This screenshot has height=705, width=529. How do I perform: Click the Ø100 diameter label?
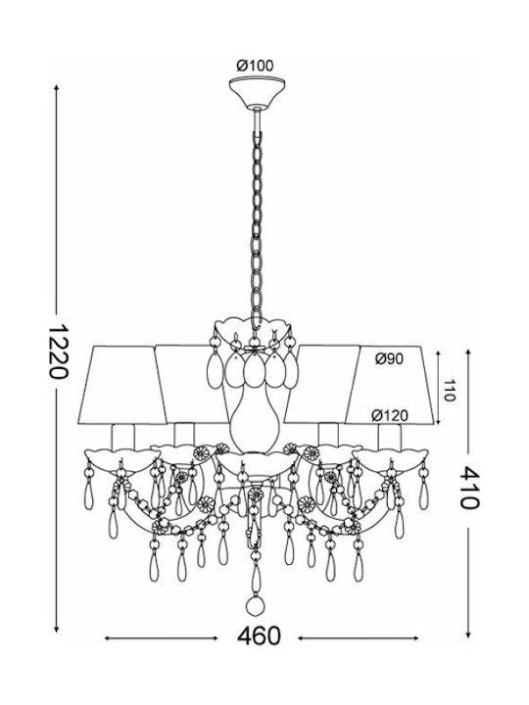[x=255, y=66]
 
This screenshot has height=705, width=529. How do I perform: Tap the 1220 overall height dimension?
[x=59, y=352]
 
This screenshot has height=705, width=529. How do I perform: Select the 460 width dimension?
[x=259, y=637]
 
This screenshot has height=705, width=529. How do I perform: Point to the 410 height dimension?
[x=469, y=488]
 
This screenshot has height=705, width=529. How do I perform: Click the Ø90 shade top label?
[x=390, y=358]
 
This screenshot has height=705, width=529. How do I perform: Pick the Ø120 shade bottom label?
[x=390, y=416]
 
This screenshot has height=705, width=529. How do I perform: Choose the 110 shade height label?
[x=450, y=390]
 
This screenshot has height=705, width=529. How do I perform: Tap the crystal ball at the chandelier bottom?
[x=256, y=605]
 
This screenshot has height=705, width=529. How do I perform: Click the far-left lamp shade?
[x=121, y=385]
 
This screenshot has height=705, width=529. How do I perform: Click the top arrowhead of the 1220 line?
[x=56, y=88]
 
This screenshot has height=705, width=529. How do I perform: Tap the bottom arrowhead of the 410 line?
[x=468, y=634]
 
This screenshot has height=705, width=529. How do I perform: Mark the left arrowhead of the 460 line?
[x=109, y=638]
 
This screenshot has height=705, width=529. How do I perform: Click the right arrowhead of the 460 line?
[x=414, y=638]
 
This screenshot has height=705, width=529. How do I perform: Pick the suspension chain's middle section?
[x=257, y=225]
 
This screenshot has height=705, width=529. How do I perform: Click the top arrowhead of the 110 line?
[x=439, y=352]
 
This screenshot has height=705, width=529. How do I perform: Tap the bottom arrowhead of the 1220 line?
[x=56, y=628]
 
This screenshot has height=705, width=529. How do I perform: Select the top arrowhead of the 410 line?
[x=468, y=352]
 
